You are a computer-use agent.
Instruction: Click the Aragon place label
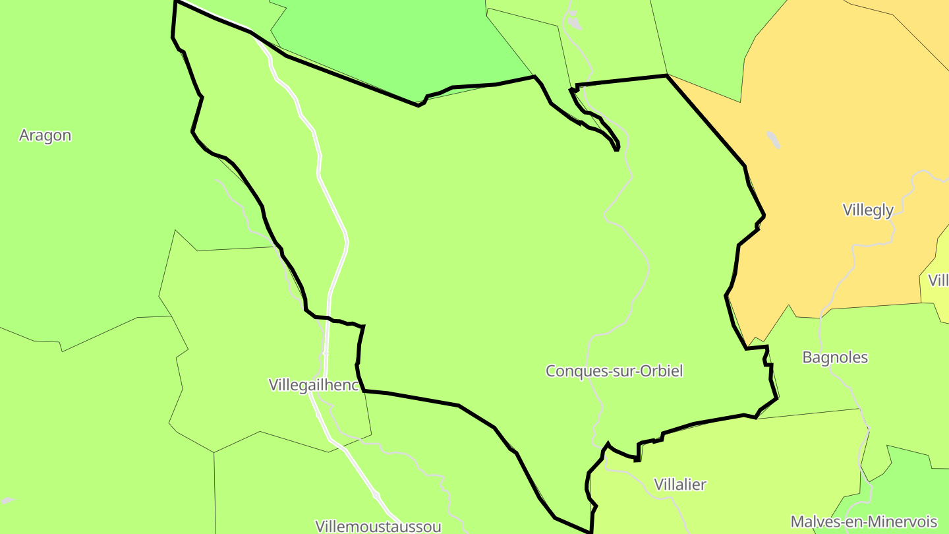click(45, 136)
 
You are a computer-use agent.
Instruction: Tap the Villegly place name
click(868, 210)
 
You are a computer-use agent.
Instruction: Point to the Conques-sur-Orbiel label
click(614, 371)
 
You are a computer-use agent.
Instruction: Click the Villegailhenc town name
click(314, 385)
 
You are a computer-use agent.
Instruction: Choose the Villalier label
click(679, 485)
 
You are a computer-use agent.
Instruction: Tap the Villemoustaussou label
click(378, 526)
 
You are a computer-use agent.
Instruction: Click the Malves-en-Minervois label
click(863, 521)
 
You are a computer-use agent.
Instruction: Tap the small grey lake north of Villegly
click(773, 140)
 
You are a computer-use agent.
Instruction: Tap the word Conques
click(571, 371)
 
